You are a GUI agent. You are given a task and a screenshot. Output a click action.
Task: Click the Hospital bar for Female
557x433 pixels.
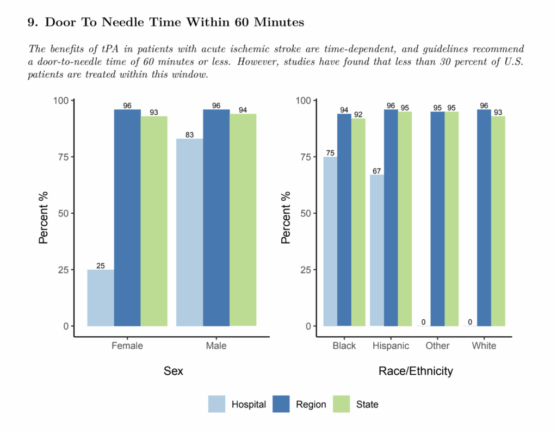coord(101,298)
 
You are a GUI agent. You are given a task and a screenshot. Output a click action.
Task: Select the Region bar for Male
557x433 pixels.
coord(216,218)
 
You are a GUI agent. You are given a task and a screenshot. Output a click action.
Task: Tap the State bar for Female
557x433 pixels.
coord(154,221)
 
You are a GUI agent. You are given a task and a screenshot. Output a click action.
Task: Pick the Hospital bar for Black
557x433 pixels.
coord(330,242)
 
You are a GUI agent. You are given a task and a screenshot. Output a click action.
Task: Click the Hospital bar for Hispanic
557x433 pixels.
coord(377,250)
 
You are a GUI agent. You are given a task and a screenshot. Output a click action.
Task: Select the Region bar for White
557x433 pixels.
coord(484,218)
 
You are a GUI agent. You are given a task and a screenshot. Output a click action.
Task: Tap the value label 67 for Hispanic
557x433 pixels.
coord(377,171)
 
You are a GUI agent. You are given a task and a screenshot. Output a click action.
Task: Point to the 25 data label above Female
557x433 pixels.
coord(101,266)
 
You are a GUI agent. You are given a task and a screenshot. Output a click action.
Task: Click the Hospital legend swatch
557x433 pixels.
coord(216,404)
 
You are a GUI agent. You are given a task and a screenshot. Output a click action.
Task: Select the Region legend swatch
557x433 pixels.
coord(280,404)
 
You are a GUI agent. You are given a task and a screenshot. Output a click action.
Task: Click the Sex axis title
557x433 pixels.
coord(173,372)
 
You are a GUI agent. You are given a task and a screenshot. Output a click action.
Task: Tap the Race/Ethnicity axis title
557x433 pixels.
coord(415,372)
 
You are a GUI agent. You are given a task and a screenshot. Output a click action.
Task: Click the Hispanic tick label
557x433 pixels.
coord(391,346)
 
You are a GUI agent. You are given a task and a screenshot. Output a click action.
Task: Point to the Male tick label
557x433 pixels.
coord(216,346)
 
